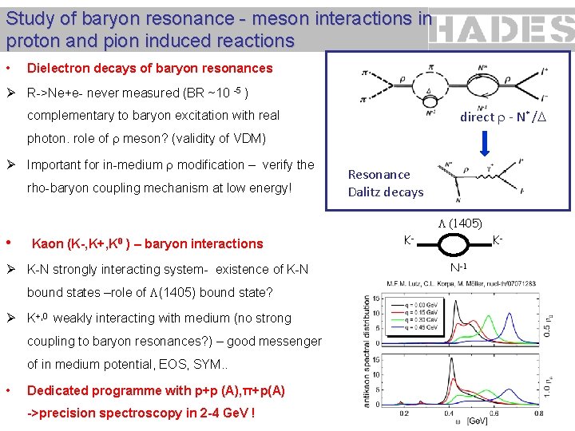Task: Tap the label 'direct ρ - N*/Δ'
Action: point(503,117)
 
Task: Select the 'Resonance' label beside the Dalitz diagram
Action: point(379,174)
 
